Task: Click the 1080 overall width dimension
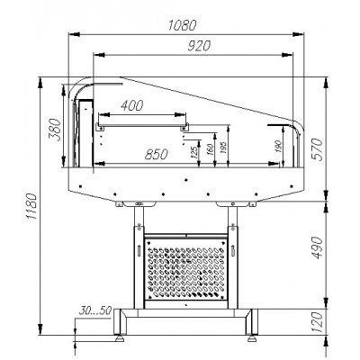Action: tap(182, 25)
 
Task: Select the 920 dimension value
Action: tap(199, 46)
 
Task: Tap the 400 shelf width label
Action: tap(131, 105)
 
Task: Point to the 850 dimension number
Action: tap(156, 155)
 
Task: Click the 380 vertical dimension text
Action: tap(55, 130)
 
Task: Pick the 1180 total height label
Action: tap(31, 206)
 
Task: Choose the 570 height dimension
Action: tap(318, 149)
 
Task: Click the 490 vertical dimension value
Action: tap(318, 247)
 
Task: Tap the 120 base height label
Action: tap(318, 322)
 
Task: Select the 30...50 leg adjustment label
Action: tap(95, 310)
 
